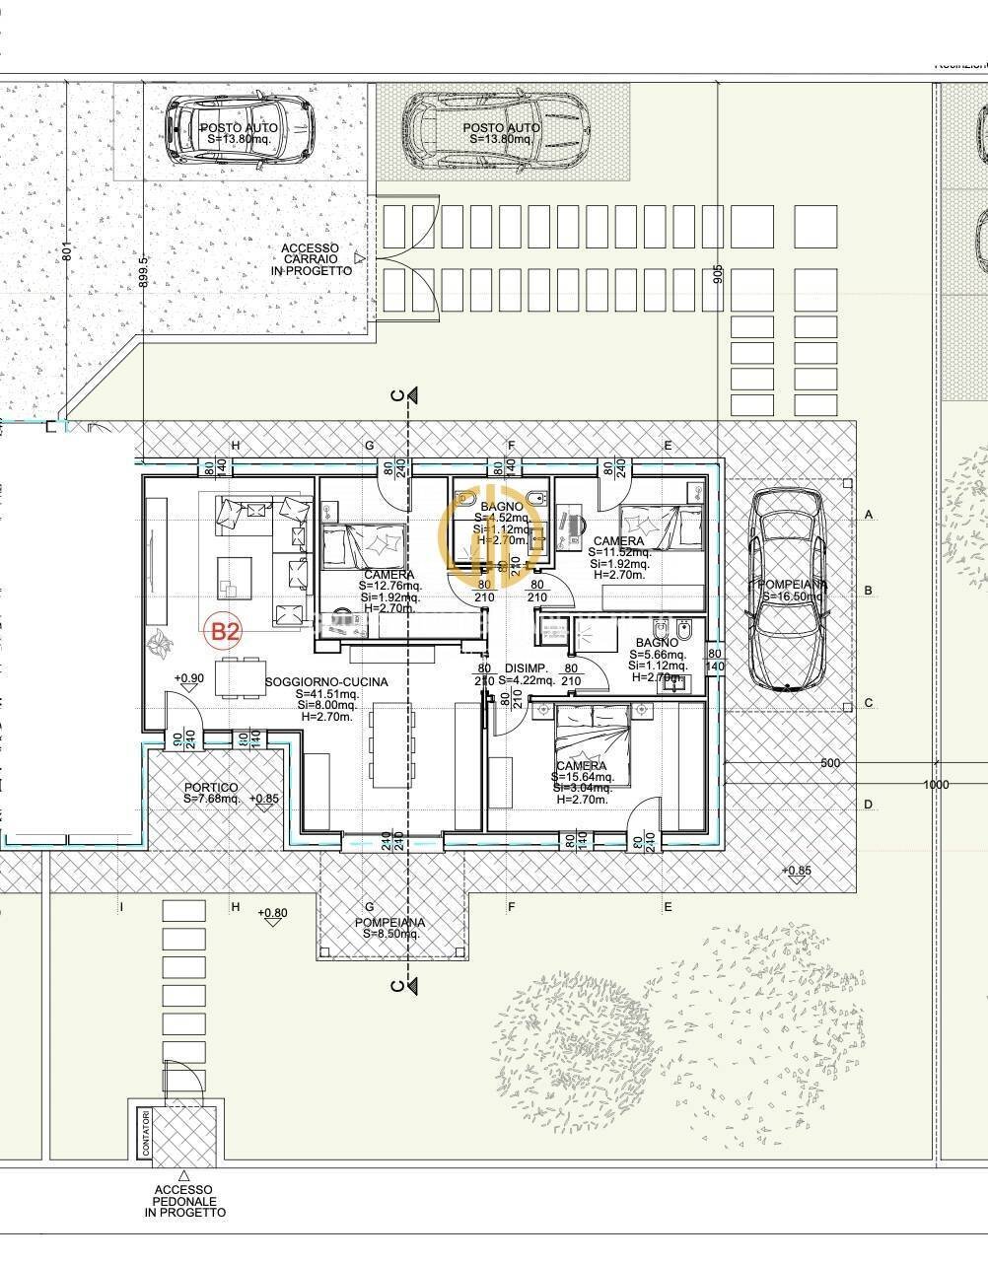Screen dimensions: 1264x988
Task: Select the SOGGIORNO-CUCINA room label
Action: [326, 682]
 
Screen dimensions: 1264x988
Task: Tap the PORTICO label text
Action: [211, 788]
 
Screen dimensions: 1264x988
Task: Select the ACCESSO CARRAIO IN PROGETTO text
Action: [311, 259]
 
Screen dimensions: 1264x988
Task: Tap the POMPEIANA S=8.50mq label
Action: [390, 928]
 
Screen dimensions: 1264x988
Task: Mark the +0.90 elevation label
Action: [188, 678]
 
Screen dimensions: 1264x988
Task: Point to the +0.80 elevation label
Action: [272, 913]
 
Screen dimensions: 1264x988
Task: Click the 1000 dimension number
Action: [936, 785]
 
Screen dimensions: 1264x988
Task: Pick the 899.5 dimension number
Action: [144, 271]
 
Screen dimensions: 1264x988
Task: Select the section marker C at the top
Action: [396, 395]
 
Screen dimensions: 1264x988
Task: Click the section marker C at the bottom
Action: [396, 985]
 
